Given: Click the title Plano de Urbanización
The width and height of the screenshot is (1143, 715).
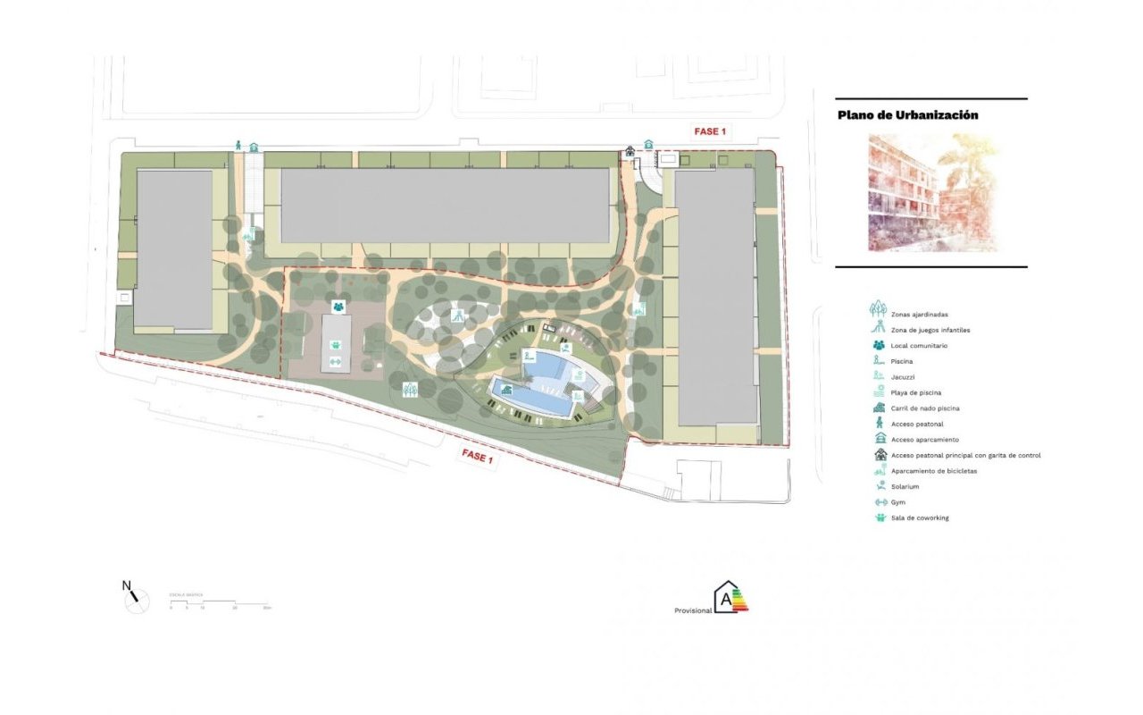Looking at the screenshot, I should click(907, 115).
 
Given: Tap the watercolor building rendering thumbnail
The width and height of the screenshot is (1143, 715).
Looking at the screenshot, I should click(932, 192).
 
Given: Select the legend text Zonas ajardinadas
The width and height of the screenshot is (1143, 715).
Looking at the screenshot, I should click(919, 315).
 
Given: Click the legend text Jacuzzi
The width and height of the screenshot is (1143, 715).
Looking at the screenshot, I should click(903, 377).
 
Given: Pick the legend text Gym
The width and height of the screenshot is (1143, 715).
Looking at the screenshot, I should click(897, 502).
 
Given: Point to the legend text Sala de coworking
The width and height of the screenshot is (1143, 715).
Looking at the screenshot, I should click(919, 517).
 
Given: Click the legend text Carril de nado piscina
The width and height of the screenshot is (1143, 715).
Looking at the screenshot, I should click(925, 408).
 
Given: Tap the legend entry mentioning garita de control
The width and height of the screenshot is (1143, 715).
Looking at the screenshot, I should click(965, 455).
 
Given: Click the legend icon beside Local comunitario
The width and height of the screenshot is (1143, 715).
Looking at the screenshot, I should click(879, 346).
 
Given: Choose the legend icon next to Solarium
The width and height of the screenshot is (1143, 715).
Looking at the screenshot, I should click(879, 486).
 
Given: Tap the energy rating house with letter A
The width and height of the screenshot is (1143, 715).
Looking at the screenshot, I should click(730, 598).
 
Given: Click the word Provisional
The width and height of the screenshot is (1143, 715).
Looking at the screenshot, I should click(693, 610).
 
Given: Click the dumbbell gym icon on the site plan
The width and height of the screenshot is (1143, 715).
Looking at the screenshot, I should click(337, 361).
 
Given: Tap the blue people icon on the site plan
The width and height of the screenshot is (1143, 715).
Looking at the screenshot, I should click(338, 307).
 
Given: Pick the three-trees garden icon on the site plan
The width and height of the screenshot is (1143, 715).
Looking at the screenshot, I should click(410, 390).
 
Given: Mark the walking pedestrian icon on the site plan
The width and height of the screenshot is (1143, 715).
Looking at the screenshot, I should click(238, 145).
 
